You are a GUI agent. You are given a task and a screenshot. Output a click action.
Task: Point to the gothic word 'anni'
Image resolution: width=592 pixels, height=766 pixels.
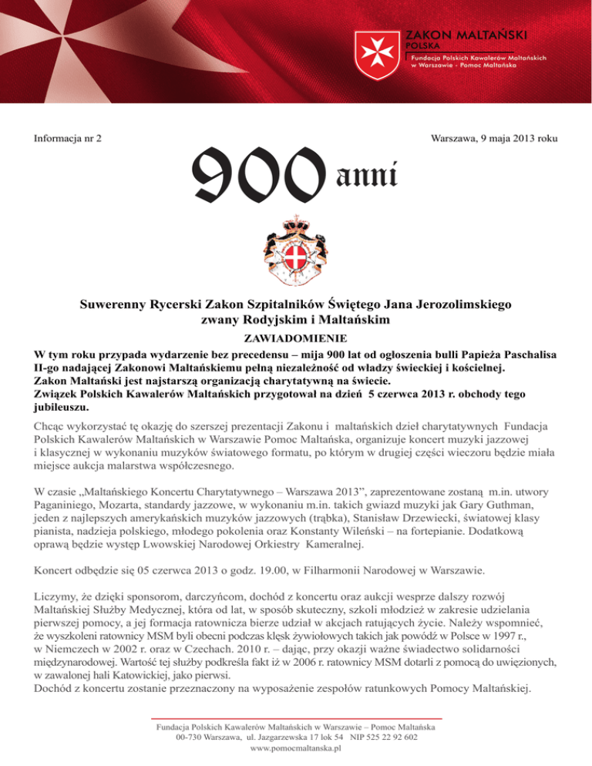click(x=367, y=176)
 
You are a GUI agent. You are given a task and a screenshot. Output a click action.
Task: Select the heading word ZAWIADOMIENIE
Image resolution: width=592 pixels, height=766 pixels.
click(x=295, y=338)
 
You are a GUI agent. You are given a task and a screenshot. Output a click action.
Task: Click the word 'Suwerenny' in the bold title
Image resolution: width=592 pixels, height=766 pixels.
click(x=120, y=304)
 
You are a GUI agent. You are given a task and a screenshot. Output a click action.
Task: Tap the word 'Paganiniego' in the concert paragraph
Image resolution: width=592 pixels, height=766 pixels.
click(x=68, y=502)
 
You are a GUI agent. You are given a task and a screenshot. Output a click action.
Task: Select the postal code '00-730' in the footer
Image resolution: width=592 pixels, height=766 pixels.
click(x=190, y=737)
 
